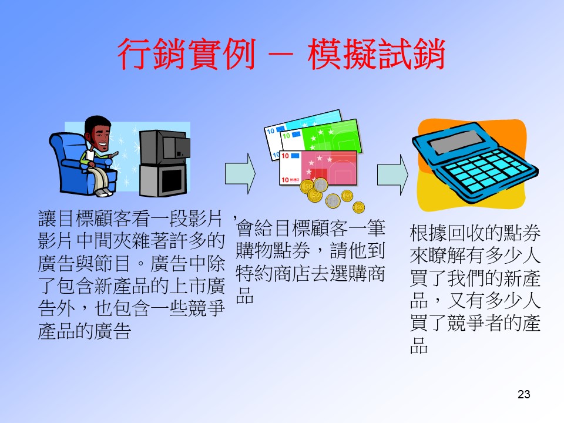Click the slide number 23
coord(523,394)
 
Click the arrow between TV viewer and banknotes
coord(240,174)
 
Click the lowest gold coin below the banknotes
coord(358,207)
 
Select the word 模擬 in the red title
coord(342,54)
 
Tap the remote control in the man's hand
coord(113,155)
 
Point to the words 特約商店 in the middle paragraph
coord(273,274)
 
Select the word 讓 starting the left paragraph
coord(47,219)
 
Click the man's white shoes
coord(103,193)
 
